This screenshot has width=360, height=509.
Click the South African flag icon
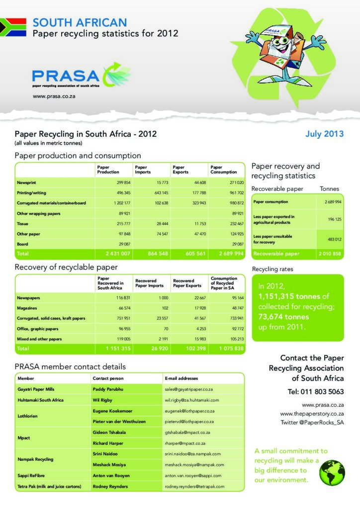[x=13, y=27]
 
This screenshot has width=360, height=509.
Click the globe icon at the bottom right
[x=332, y=472]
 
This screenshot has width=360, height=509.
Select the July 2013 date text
[x=324, y=134]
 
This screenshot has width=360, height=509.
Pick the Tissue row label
[x=23, y=224]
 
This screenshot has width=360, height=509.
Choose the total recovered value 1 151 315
[x=118, y=349]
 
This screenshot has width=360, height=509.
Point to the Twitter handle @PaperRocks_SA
[x=312, y=423]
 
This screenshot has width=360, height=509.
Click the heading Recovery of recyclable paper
[x=66, y=267]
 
